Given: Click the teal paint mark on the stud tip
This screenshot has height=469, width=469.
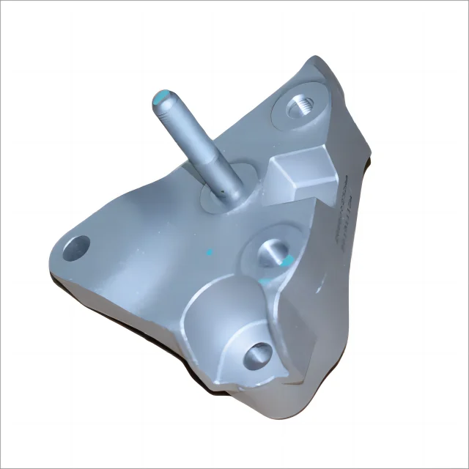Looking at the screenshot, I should click(165, 95).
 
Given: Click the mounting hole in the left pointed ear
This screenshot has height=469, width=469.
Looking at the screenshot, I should click(76, 248).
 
